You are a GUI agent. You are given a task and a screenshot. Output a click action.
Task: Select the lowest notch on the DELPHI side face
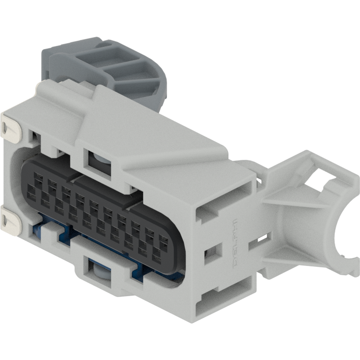click(209, 299)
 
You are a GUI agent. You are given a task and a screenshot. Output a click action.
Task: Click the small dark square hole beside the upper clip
click(35, 136)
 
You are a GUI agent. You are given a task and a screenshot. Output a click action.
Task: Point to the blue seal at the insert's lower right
click(176, 275)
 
